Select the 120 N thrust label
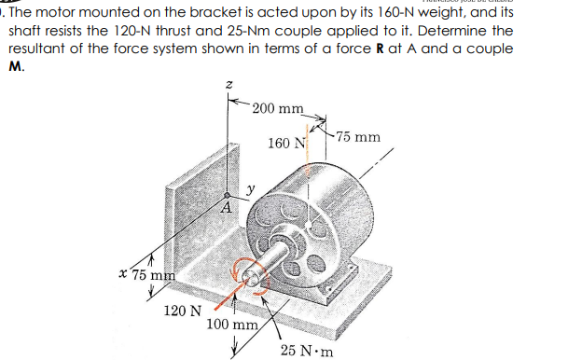click(x=179, y=311)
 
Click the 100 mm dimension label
click(x=232, y=325)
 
